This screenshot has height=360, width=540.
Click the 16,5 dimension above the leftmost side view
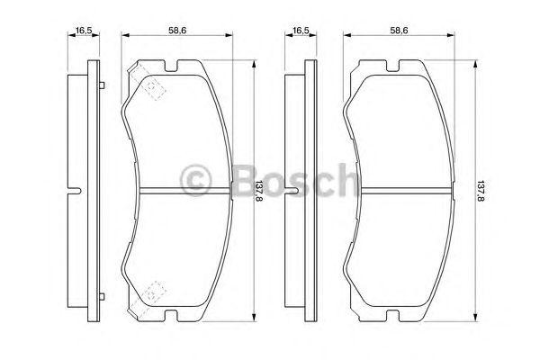click(85, 31)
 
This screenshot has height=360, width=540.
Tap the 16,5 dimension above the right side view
click(299, 31)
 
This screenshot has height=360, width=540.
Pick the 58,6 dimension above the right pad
click(399, 31)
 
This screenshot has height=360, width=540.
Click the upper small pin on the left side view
click(104, 86)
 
